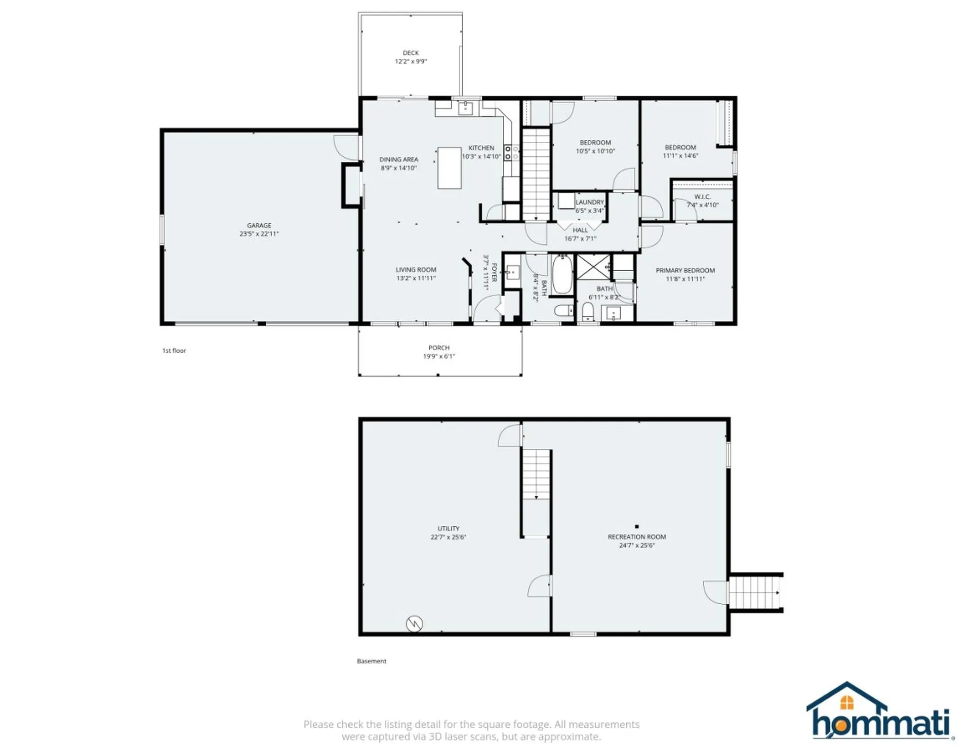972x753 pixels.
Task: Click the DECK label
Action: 411,53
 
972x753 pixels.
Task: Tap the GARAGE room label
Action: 259,225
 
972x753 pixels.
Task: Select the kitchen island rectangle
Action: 449,168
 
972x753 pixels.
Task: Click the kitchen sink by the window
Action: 466,108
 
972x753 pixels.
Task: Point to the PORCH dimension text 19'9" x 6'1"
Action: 439,356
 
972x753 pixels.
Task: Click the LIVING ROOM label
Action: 416,270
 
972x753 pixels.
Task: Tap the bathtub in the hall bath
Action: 562,275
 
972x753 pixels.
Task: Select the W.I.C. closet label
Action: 702,196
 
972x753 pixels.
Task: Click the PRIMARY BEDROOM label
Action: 685,270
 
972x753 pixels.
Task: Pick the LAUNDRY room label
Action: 590,202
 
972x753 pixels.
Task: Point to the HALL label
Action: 580,230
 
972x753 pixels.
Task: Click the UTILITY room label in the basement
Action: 449,528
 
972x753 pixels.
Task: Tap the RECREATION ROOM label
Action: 637,536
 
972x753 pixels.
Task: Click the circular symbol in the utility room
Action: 415,623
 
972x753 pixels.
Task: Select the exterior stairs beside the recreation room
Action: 755,593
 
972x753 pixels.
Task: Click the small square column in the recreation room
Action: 637,527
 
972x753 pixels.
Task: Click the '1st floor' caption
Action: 174,350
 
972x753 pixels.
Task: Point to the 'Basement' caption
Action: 372,661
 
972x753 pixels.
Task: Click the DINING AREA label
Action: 399,159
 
